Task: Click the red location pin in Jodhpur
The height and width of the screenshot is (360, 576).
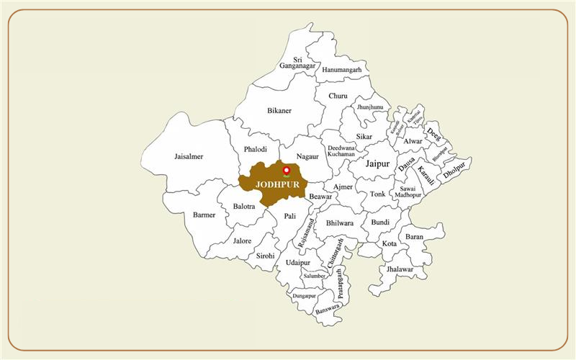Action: coord(287,171)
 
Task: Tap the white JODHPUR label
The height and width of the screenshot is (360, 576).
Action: coord(277,184)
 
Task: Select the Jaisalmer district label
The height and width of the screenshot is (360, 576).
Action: coord(189,156)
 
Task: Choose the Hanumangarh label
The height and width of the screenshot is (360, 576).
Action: coord(341,69)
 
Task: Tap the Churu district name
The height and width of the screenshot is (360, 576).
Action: coord(338,96)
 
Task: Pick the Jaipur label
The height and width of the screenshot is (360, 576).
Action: coord(377,164)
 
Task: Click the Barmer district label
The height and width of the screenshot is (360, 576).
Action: coord(204,215)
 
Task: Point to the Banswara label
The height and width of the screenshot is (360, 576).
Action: coord(327,307)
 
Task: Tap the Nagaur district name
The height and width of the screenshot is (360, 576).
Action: coord(307,155)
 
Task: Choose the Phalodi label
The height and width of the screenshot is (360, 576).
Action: coord(256,150)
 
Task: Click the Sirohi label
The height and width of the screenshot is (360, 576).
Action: coord(265,255)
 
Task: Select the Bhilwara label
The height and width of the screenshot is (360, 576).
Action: coord(340,223)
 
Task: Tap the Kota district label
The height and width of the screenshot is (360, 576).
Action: coord(390,243)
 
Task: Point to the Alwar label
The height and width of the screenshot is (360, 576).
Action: coord(413,142)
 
